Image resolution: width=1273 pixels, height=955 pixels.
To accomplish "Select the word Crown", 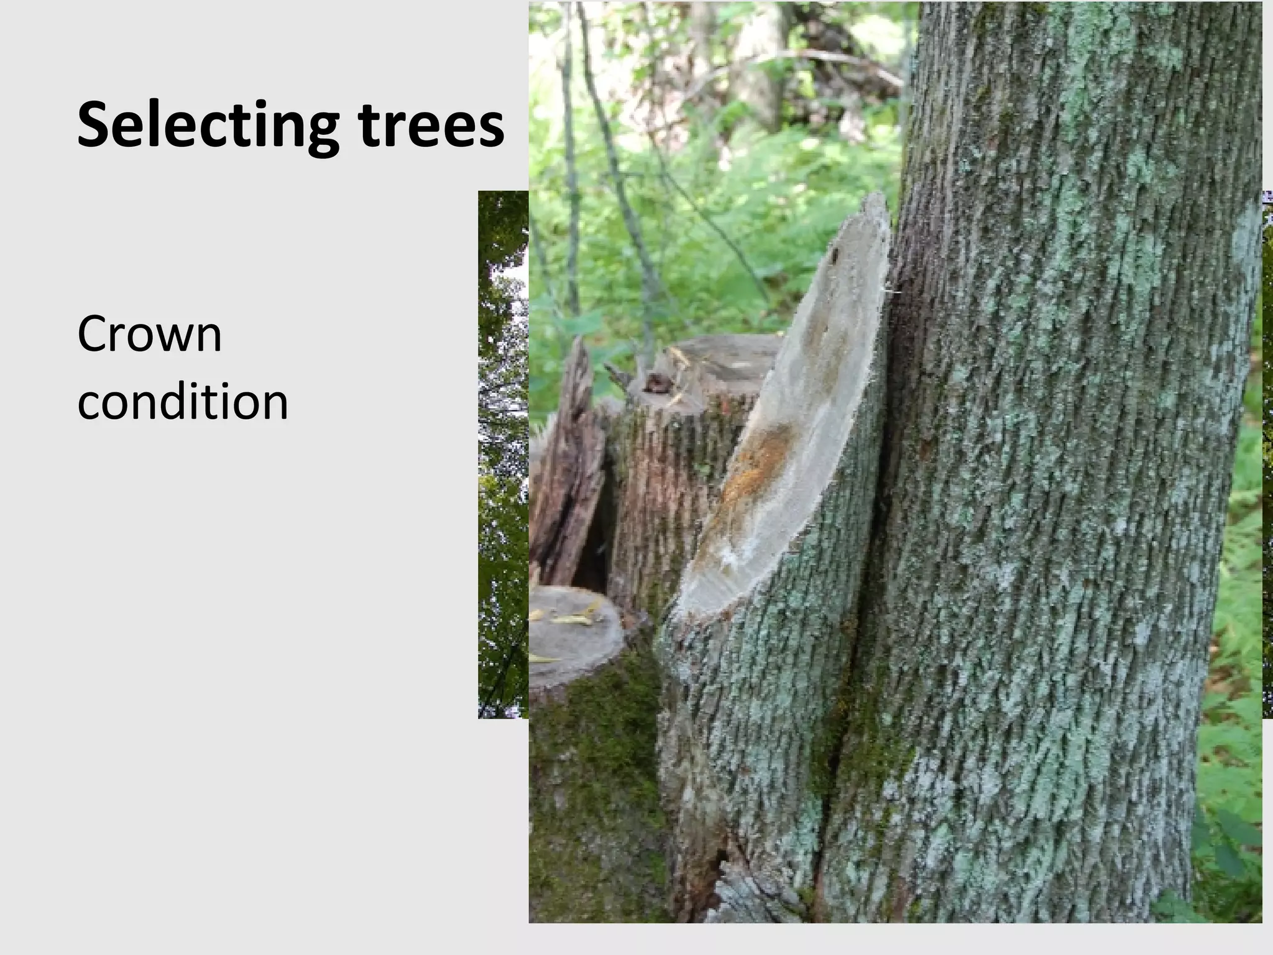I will [x=149, y=334].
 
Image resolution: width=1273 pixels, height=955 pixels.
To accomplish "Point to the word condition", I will [x=183, y=402].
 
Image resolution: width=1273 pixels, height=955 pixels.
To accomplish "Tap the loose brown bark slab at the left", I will [x=569, y=466].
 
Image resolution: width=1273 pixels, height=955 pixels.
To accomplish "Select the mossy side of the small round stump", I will [x=591, y=777].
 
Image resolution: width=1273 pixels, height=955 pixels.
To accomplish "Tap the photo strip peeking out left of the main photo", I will [x=503, y=454].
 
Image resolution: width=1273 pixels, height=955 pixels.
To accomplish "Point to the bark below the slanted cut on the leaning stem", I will [x=758, y=715].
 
